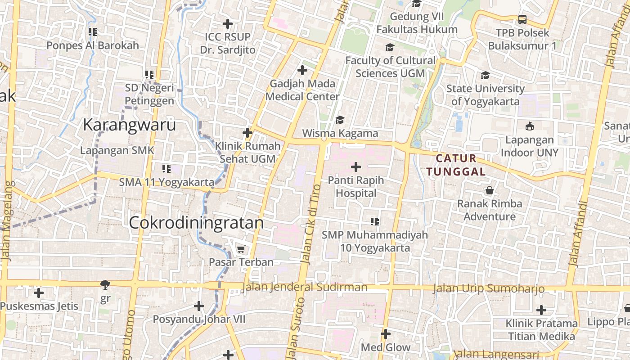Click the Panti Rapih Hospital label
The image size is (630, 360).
(356, 187)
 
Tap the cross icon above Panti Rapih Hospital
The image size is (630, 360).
(356, 167)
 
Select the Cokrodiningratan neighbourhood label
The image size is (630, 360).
(196, 223)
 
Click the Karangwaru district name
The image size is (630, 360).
(129, 125)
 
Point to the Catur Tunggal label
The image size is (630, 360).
(456, 165)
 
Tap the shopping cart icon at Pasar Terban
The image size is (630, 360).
(241, 249)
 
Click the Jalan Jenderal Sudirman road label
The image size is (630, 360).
(304, 287)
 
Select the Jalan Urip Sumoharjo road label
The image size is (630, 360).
(489, 288)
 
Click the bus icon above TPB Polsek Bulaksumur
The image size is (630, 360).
(522, 19)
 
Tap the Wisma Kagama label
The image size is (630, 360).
(340, 133)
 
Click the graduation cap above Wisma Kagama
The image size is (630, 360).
(340, 120)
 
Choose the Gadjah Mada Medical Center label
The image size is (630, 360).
(302, 90)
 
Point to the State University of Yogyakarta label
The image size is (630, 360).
(485, 95)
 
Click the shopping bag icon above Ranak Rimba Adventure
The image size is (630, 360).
(490, 190)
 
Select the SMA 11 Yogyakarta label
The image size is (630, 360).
(166, 182)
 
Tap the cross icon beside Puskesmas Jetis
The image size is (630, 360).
(39, 293)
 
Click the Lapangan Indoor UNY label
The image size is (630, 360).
(529, 146)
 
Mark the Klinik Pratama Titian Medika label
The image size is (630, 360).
(541, 330)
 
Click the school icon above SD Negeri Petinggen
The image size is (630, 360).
(149, 74)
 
